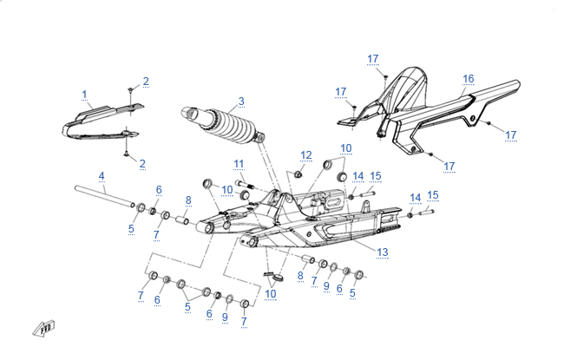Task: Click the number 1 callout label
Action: [85, 94]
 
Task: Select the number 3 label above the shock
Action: [241, 101]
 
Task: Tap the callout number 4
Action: [102, 176]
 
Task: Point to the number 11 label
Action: [239, 164]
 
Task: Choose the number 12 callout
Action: [305, 155]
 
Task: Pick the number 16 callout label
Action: [468, 79]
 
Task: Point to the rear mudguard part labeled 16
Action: [434, 117]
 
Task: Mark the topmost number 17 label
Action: [373, 59]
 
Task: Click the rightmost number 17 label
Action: [511, 135]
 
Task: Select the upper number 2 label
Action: [146, 82]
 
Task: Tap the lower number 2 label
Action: [142, 163]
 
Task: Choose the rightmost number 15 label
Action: [433, 195]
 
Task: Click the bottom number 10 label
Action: [272, 294]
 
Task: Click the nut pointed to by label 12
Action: [297, 173]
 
